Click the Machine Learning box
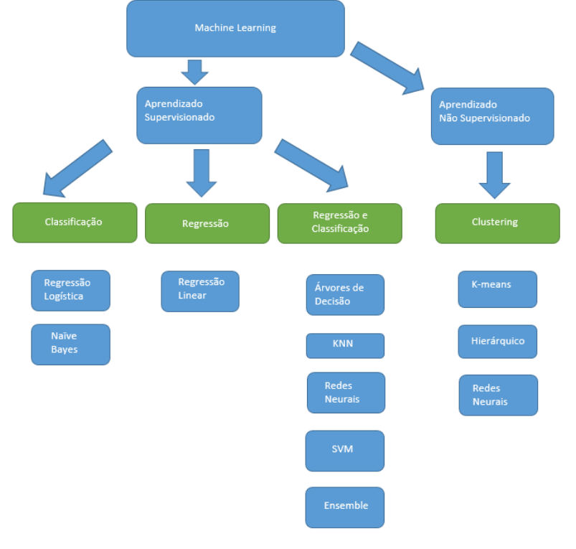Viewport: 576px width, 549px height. click(235, 29)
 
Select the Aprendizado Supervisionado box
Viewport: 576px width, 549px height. click(199, 116)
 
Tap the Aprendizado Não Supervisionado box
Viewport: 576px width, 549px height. click(492, 116)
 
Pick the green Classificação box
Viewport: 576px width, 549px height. click(75, 222)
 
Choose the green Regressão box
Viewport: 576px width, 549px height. click(207, 223)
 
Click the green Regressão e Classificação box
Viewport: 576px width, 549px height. click(340, 223)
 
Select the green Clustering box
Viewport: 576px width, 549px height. click(497, 223)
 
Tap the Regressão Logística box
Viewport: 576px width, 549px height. click(70, 291)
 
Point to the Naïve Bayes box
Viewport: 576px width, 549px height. click(70, 344)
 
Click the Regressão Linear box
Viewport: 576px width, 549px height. click(200, 291)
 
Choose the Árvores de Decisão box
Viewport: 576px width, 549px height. click(345, 295)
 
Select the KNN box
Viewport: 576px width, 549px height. click(345, 346)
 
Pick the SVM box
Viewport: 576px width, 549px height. click(345, 451)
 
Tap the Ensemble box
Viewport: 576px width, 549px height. click(345, 507)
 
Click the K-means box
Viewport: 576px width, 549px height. click(497, 289)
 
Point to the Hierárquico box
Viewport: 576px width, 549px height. click(497, 342)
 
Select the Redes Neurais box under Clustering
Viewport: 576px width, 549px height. click(499, 395)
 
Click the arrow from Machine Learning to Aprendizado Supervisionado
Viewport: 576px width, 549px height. click(194, 72)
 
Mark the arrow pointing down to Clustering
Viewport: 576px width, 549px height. click(494, 175)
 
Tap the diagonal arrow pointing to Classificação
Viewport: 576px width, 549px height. click(77, 169)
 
